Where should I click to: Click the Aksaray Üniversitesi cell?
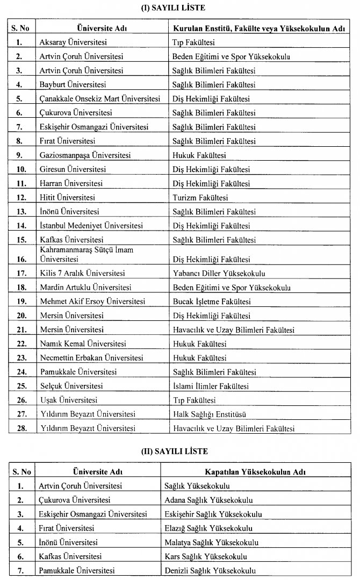coord(70,41)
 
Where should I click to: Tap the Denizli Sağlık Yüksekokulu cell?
coord(210,571)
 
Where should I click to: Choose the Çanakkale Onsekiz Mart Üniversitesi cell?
coord(100,99)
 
